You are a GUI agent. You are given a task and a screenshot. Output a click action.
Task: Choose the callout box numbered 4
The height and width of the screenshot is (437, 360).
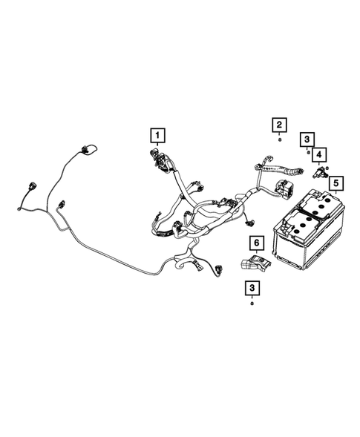click(319, 154)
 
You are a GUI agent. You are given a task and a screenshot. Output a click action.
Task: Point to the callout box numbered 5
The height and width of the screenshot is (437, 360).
click(336, 182)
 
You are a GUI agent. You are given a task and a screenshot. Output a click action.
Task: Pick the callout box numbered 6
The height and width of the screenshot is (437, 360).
click(255, 243)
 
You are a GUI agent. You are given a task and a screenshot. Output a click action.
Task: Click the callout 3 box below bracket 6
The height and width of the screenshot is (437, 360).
click(253, 287)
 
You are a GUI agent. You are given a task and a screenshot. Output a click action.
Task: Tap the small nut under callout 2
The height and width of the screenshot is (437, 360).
click(279, 139)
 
